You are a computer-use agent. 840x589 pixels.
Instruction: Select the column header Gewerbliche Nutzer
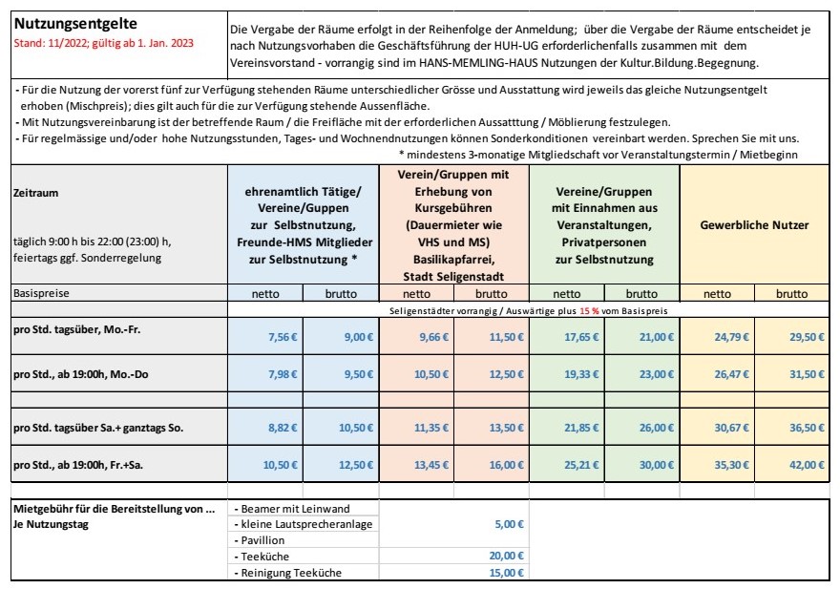[754, 225]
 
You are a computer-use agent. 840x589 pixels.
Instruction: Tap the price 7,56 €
[279, 336]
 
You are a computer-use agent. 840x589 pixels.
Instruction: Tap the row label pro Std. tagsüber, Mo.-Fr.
[73, 329]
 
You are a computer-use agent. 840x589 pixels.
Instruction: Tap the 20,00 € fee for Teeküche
[506, 556]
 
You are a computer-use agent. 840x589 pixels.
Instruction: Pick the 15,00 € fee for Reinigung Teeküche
[506, 572]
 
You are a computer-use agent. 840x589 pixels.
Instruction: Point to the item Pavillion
[263, 540]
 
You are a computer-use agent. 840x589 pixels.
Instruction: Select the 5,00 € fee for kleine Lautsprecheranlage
[509, 524]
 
